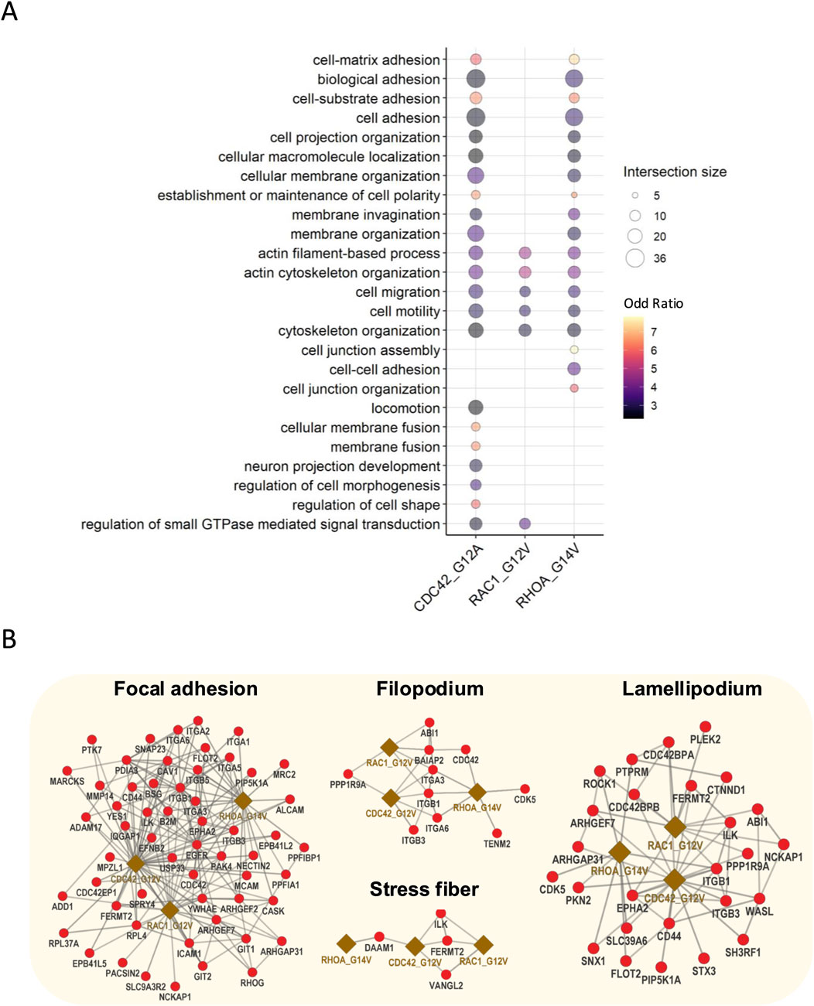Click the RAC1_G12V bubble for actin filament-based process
click(x=525, y=253)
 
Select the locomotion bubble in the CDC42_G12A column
click(x=476, y=408)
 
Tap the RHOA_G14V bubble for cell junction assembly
click(x=574, y=350)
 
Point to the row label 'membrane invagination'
click(x=365, y=215)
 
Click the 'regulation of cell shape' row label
click(x=365, y=505)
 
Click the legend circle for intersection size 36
click(x=634, y=257)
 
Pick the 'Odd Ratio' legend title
click(x=653, y=303)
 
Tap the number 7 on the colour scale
click(x=653, y=332)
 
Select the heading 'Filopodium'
click(x=429, y=689)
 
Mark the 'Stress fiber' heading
click(x=423, y=889)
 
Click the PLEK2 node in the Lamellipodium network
click(x=706, y=726)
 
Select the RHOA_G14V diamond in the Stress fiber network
click(x=346, y=943)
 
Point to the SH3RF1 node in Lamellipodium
click(x=744, y=940)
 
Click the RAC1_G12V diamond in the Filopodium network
click(x=389, y=747)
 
